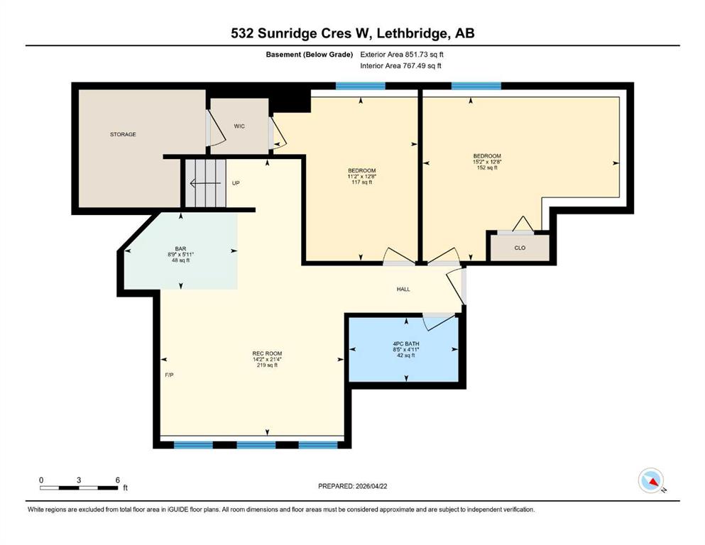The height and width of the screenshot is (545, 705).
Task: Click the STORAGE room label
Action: [123, 134]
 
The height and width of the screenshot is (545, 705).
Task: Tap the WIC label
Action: [239, 126]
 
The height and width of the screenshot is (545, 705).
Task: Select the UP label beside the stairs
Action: [236, 183]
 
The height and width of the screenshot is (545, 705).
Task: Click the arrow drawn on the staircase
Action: [205, 183]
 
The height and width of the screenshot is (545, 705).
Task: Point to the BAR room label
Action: [180, 249]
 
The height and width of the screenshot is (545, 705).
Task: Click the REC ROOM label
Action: [267, 353]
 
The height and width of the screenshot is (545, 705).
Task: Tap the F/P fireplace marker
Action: [169, 375]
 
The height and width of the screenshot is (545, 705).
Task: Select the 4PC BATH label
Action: [406, 343]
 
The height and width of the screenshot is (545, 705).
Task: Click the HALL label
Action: [403, 290]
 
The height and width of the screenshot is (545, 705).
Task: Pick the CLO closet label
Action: [520, 248]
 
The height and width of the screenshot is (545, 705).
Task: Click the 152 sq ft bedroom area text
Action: [487, 167]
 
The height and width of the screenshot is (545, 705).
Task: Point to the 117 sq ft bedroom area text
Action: [362, 182]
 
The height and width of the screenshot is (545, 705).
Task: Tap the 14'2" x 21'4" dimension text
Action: [267, 360]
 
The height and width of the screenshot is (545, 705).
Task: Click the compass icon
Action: [651, 480]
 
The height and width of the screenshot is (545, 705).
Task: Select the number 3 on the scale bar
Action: [79, 480]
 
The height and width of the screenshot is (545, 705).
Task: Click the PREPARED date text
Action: [352, 486]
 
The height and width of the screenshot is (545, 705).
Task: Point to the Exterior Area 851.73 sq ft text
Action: [402, 55]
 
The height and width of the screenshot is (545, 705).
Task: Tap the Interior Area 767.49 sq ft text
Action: [400, 65]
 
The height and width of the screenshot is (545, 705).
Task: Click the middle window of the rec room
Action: [256, 445]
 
